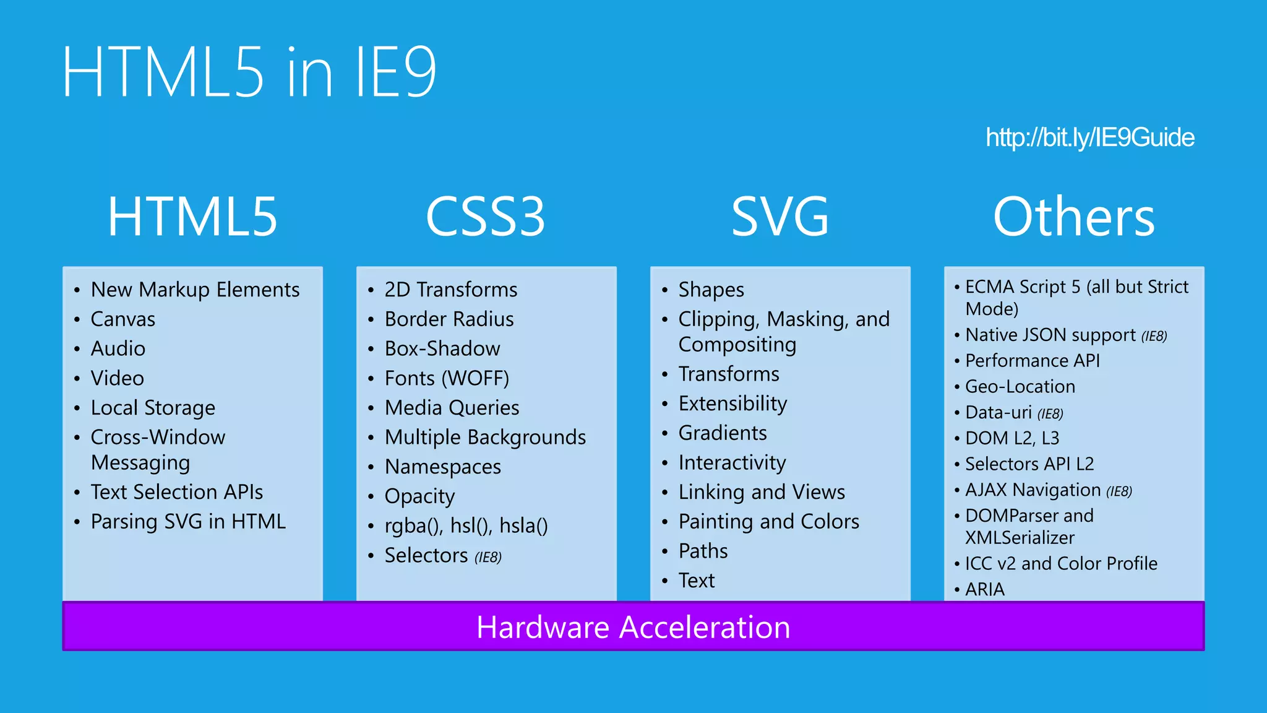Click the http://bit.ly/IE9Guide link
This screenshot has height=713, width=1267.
1089,137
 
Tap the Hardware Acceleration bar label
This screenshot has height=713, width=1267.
633,627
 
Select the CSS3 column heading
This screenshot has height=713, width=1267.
486,217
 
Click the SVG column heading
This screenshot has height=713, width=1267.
780,217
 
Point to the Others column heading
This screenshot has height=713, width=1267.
1074,217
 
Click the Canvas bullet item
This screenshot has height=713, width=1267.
123,319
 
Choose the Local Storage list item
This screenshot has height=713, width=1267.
153,408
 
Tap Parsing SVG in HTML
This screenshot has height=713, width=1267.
188,522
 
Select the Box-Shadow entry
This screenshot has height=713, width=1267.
442,349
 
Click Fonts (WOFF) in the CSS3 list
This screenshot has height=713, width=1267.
447,378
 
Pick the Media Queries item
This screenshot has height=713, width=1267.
452,408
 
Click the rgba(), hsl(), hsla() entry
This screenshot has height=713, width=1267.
466,526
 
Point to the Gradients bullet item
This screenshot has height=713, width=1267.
723,433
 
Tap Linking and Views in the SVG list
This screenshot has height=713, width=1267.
762,492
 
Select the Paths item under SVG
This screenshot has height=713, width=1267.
703,551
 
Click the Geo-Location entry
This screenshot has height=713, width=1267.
1020,387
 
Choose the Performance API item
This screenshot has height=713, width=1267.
1033,361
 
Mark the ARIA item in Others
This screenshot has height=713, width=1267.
985,589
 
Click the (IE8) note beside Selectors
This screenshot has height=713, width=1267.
488,558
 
